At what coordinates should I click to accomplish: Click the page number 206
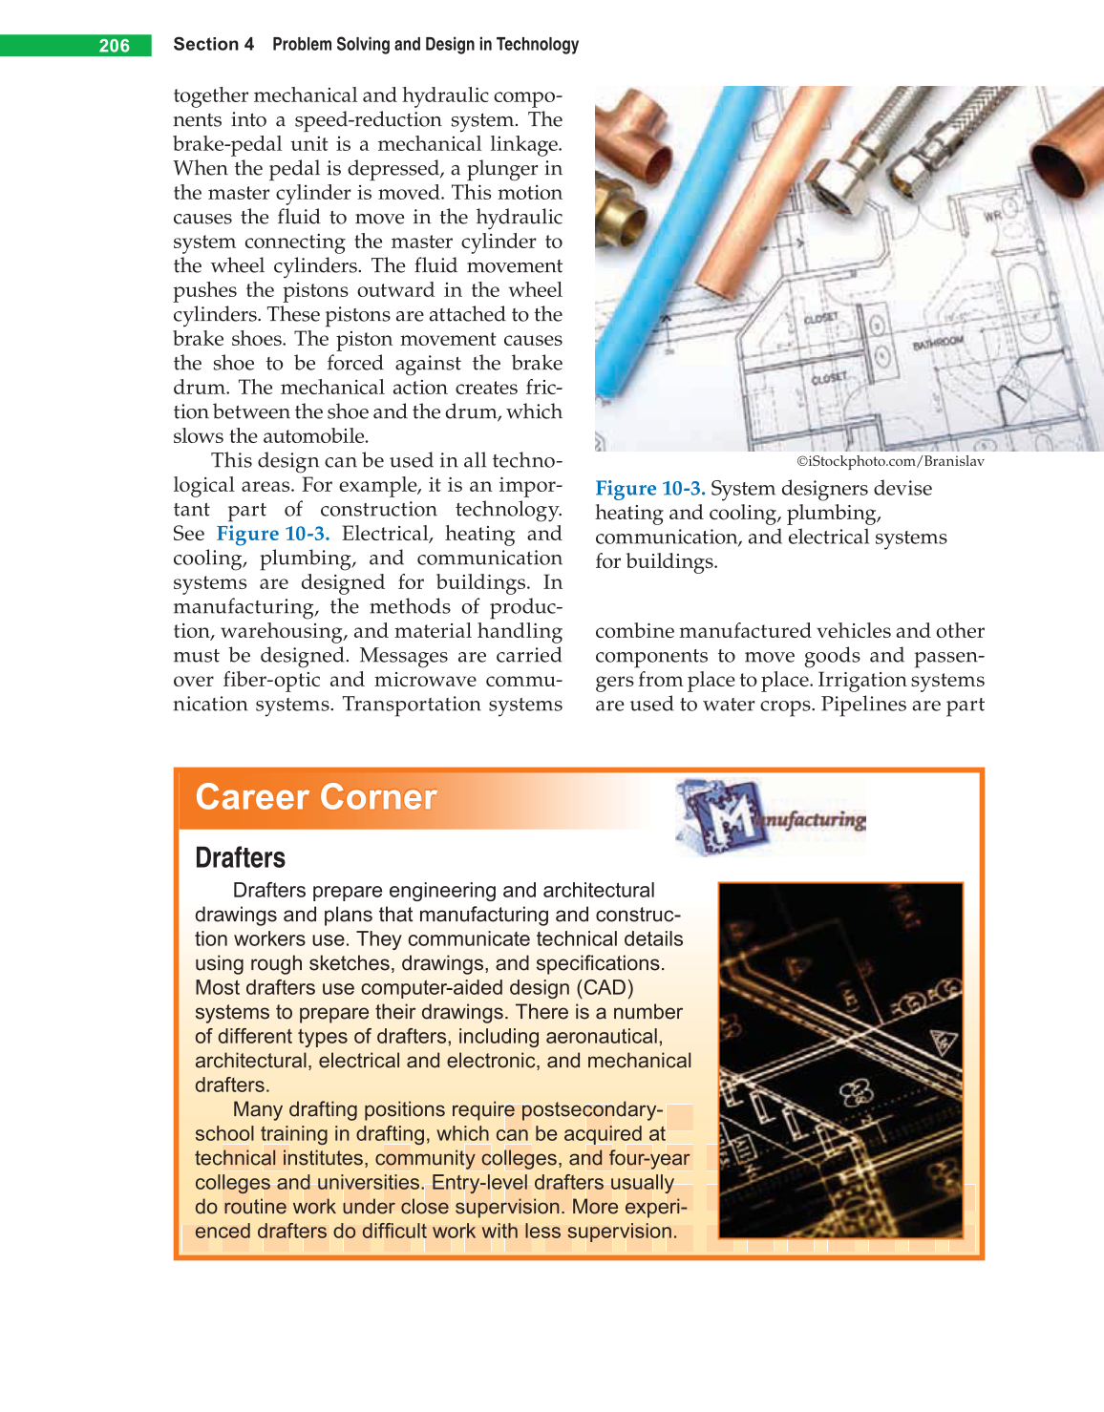point(114,46)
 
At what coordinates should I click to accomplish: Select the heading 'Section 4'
point(213,44)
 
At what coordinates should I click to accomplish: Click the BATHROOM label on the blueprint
point(938,342)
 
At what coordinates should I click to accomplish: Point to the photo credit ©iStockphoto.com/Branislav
point(890,461)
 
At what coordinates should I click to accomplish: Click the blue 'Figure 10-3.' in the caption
point(649,489)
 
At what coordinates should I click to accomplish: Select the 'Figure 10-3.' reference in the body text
point(272,534)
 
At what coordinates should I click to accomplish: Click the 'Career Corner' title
point(316,797)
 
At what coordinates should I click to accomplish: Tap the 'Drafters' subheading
point(240,857)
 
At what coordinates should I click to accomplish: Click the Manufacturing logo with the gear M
point(770,816)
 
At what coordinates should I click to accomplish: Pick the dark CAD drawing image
point(840,1060)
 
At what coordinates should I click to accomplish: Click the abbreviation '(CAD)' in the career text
point(604,988)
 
